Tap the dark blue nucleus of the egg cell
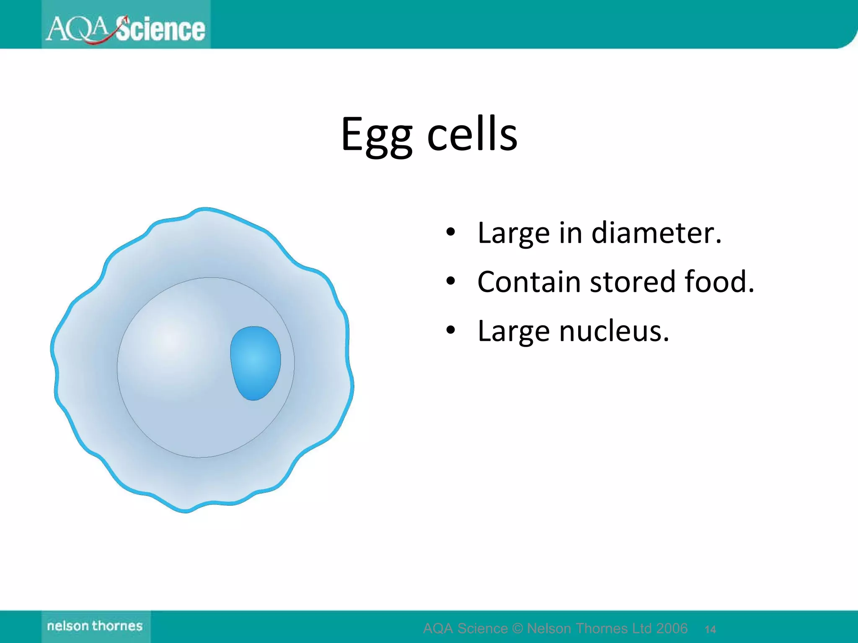tap(255, 363)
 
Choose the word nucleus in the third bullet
tap(614, 331)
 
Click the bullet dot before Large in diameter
tap(450, 232)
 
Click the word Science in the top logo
tap(160, 29)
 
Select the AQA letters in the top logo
tap(78, 29)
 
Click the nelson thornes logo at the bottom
tap(95, 626)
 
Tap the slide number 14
tap(710, 629)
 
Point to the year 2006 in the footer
tap(672, 628)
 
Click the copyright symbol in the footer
tap(517, 628)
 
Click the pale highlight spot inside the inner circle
tap(170, 341)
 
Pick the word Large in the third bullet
tap(513, 331)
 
